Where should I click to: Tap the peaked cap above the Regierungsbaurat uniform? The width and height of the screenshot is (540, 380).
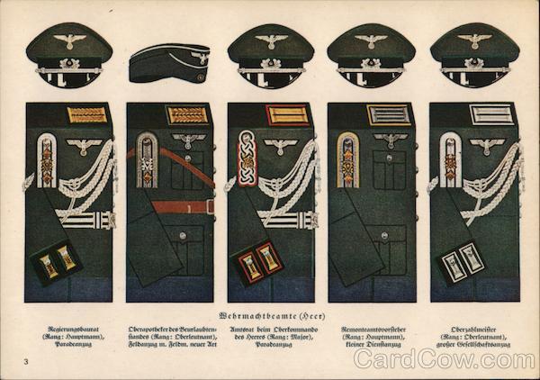click(x=68, y=55)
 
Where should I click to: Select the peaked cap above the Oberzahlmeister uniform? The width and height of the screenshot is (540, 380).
click(x=474, y=55)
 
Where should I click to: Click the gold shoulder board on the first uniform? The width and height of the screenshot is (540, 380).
click(x=87, y=115)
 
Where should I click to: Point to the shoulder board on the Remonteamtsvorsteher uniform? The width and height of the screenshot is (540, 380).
click(x=389, y=115)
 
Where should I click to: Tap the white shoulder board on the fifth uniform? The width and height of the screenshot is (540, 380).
click(x=491, y=115)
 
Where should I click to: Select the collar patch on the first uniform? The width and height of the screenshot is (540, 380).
click(x=47, y=160)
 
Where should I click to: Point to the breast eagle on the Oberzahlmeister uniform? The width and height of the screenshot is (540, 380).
click(x=487, y=145)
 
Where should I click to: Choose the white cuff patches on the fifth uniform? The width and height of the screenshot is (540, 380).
click(x=462, y=262)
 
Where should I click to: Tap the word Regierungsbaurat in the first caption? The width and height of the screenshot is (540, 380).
click(x=67, y=330)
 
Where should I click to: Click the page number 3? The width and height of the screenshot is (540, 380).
click(x=27, y=361)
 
